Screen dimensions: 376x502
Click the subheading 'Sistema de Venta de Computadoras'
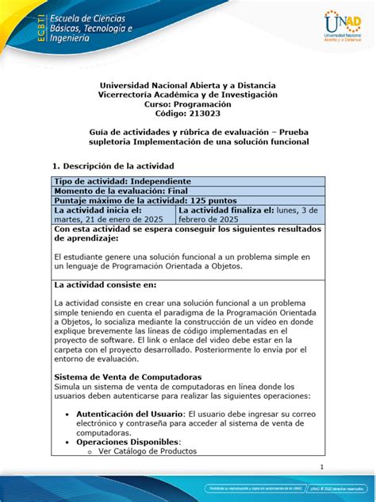pos(127,376)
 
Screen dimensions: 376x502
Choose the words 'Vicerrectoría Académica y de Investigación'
pos(188,95)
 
